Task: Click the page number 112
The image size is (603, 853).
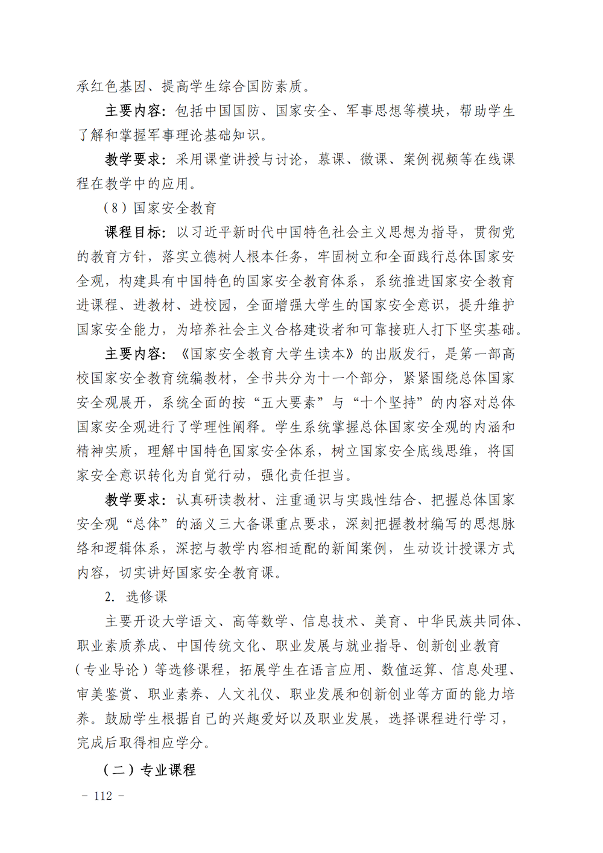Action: (x=103, y=796)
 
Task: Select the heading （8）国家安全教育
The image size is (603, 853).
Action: (x=160, y=208)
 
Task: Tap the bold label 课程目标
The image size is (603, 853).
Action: (x=133, y=232)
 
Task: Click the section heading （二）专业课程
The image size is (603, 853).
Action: (x=150, y=770)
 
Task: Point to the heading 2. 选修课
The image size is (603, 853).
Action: (x=136, y=597)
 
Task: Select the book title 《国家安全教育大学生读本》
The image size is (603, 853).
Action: (x=269, y=354)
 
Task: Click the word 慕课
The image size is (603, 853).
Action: (x=332, y=159)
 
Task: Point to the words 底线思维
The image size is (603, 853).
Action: (x=444, y=451)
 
